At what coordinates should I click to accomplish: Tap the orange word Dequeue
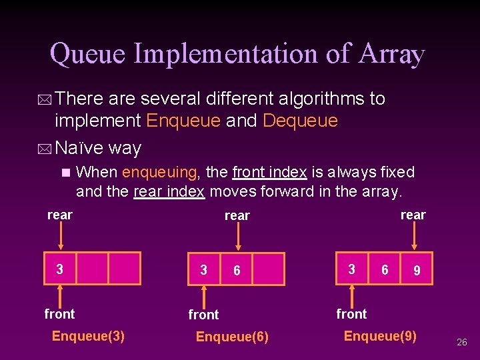coord(301,121)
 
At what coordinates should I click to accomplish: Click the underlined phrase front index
coord(269,172)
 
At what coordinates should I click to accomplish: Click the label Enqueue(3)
coord(88,335)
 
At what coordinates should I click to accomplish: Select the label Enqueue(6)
coord(232,337)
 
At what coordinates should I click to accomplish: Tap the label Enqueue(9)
coord(380,335)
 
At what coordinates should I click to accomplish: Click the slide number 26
coord(461,342)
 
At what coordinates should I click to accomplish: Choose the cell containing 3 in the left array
coord(60,269)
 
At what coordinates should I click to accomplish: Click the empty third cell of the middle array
coord(269,269)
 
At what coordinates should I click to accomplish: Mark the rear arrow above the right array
coord(416,237)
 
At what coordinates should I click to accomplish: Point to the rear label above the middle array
coord(237,215)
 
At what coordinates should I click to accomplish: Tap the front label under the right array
coord(351,313)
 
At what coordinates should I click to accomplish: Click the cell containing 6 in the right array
coord(385,269)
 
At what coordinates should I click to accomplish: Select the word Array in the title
coord(391,53)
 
